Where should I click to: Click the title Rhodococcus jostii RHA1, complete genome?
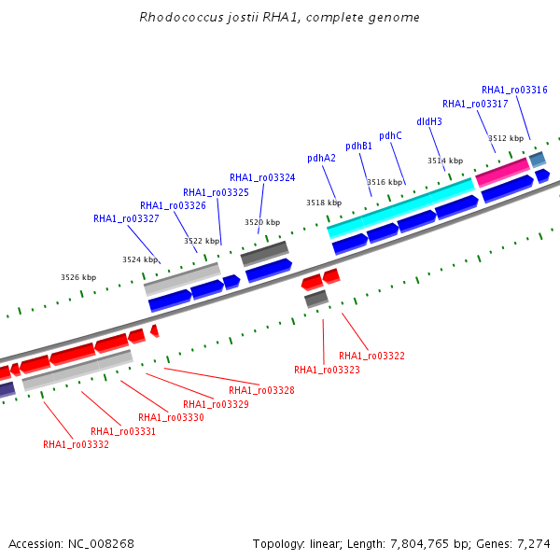click(279, 17)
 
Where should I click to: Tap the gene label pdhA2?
click(321, 159)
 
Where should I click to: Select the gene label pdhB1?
click(358, 147)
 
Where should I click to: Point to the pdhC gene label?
click(390, 135)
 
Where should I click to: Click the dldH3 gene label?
click(429, 121)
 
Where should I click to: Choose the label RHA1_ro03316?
click(514, 90)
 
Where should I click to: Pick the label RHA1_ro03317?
click(475, 104)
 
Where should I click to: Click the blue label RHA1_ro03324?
click(262, 177)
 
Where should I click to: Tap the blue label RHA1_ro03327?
click(126, 218)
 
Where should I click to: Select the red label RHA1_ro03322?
click(371, 356)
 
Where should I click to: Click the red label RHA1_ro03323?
click(327, 370)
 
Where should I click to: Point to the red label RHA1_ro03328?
click(261, 390)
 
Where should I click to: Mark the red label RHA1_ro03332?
click(76, 444)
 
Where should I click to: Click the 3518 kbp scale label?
click(324, 203)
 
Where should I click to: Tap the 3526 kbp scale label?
click(78, 277)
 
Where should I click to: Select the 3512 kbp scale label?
click(506, 138)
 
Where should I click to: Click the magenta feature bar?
click(503, 173)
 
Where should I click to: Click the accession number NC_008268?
click(101, 544)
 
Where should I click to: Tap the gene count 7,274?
click(534, 544)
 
